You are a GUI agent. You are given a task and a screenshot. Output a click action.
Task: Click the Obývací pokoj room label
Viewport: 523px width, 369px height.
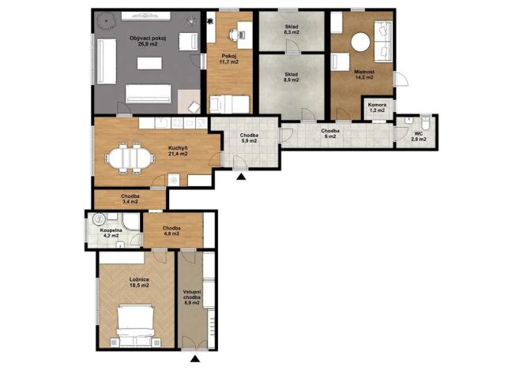[x=147, y=41]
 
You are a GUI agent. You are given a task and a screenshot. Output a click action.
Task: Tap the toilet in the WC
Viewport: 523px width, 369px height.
[x=426, y=122]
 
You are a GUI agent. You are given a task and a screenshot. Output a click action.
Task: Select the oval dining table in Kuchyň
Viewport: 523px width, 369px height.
[x=130, y=158]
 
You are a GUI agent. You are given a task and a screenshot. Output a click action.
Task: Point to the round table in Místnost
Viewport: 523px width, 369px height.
[x=360, y=42]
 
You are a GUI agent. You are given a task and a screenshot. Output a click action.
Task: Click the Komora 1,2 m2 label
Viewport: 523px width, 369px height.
[x=378, y=107]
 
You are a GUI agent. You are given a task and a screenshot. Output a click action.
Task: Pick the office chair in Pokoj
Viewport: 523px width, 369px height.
[x=235, y=34]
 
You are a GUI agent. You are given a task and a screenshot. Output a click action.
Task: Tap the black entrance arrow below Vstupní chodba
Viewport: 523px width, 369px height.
[x=195, y=359]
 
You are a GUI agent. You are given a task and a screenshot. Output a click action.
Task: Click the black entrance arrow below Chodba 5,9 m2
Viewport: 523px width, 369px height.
[x=241, y=177]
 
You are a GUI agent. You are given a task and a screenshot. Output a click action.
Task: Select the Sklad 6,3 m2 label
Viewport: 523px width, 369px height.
[x=292, y=29]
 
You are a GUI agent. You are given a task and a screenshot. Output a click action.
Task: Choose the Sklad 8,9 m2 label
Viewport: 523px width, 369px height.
[x=292, y=77]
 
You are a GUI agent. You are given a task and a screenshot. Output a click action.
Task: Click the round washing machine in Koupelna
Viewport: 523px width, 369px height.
[x=99, y=219]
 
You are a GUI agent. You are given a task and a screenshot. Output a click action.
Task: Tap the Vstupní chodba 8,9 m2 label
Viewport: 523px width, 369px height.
[x=192, y=297]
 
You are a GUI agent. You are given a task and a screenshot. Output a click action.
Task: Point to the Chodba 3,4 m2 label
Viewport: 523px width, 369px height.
[x=130, y=199]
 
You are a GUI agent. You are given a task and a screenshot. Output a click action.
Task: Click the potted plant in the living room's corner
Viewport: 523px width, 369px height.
[x=107, y=21]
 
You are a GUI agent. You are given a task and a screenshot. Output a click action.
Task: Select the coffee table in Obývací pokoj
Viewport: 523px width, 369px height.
[x=149, y=63]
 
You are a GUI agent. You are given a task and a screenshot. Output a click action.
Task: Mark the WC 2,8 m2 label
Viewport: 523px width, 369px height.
[x=419, y=136]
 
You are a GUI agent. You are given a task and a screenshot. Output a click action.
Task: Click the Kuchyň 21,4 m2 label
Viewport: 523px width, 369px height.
[x=178, y=151]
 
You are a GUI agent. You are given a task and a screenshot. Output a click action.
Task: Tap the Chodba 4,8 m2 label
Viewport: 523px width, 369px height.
[x=171, y=231]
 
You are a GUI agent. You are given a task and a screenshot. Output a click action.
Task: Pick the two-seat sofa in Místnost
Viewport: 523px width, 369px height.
[x=383, y=41]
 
